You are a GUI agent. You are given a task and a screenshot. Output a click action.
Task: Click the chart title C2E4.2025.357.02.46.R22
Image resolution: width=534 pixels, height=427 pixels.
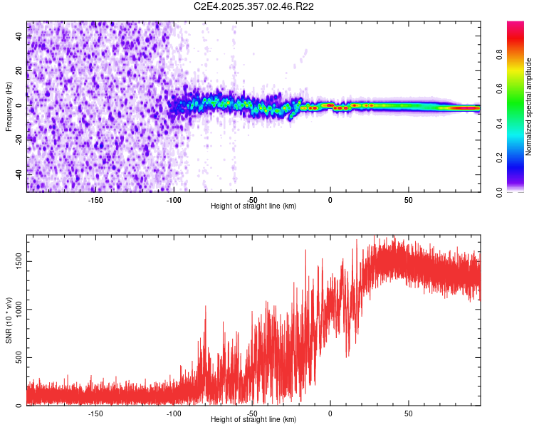(x=254, y=6)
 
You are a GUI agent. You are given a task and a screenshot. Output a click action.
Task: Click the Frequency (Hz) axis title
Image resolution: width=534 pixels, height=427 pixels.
(x=9, y=107)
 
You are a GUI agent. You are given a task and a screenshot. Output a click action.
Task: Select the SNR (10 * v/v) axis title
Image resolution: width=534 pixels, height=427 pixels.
(x=9, y=320)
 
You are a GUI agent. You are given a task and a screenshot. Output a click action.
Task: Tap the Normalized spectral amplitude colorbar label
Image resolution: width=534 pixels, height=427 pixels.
(x=529, y=107)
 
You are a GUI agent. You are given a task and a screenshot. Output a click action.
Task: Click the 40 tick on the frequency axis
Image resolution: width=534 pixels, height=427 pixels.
(x=19, y=37)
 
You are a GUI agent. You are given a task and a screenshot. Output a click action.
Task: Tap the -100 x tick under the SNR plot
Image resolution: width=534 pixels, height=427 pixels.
(x=174, y=413)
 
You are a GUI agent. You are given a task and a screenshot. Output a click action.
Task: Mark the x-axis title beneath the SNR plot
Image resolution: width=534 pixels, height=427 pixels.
(x=253, y=420)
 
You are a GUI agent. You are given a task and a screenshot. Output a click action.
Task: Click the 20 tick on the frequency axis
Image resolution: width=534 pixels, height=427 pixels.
(x=19, y=71)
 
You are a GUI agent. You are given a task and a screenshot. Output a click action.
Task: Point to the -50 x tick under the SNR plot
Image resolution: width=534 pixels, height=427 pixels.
(x=252, y=413)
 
